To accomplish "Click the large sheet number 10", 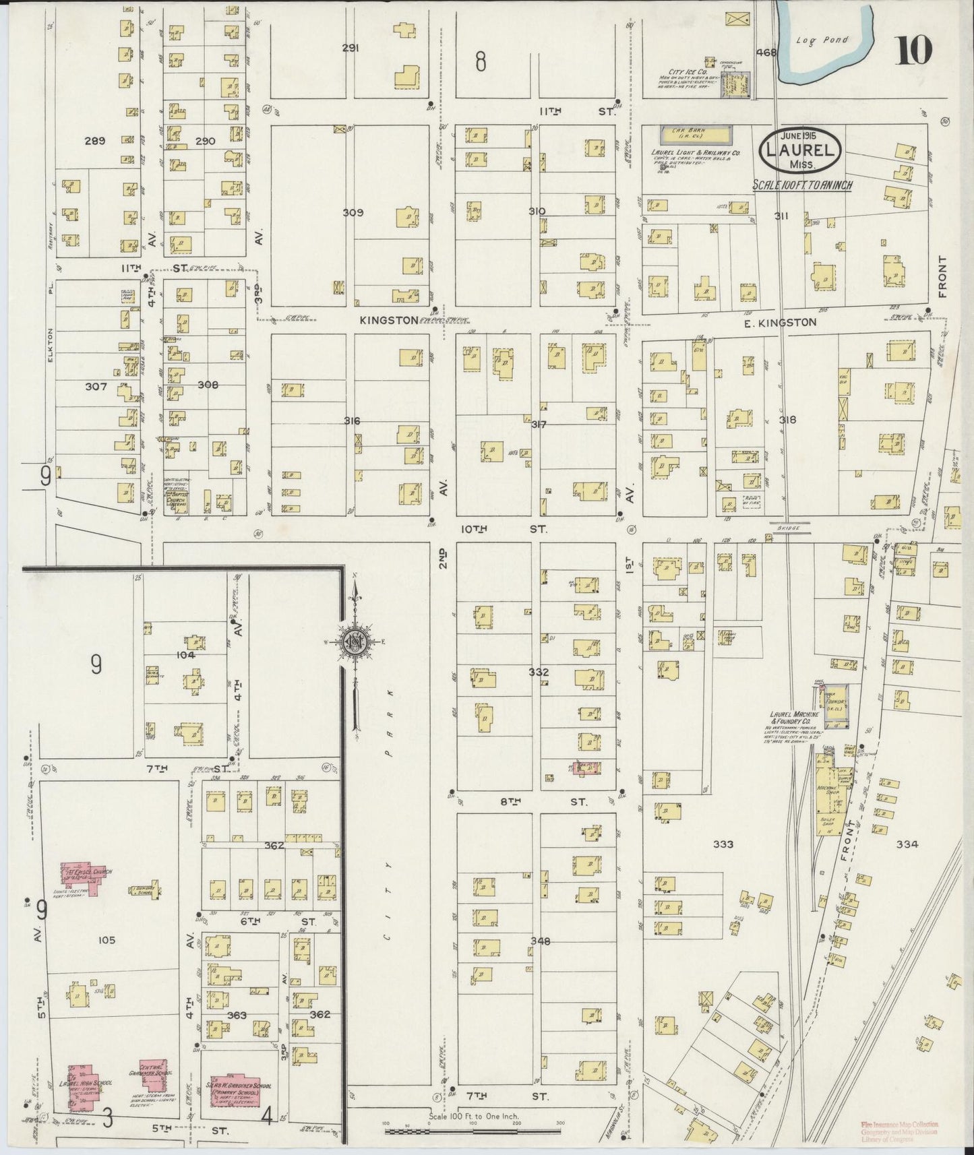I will click(913, 51).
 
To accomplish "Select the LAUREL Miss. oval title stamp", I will click(801, 152).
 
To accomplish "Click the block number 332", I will click(539, 672).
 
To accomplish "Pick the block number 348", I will click(539, 941).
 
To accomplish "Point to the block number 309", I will click(353, 212).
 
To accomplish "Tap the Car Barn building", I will click(695, 135).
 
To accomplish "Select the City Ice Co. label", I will click(687, 71).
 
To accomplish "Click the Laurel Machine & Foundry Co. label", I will click(795, 718).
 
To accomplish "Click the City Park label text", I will click(390, 809).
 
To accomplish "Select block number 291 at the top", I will click(350, 48).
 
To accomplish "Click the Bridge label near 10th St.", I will click(787, 529).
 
